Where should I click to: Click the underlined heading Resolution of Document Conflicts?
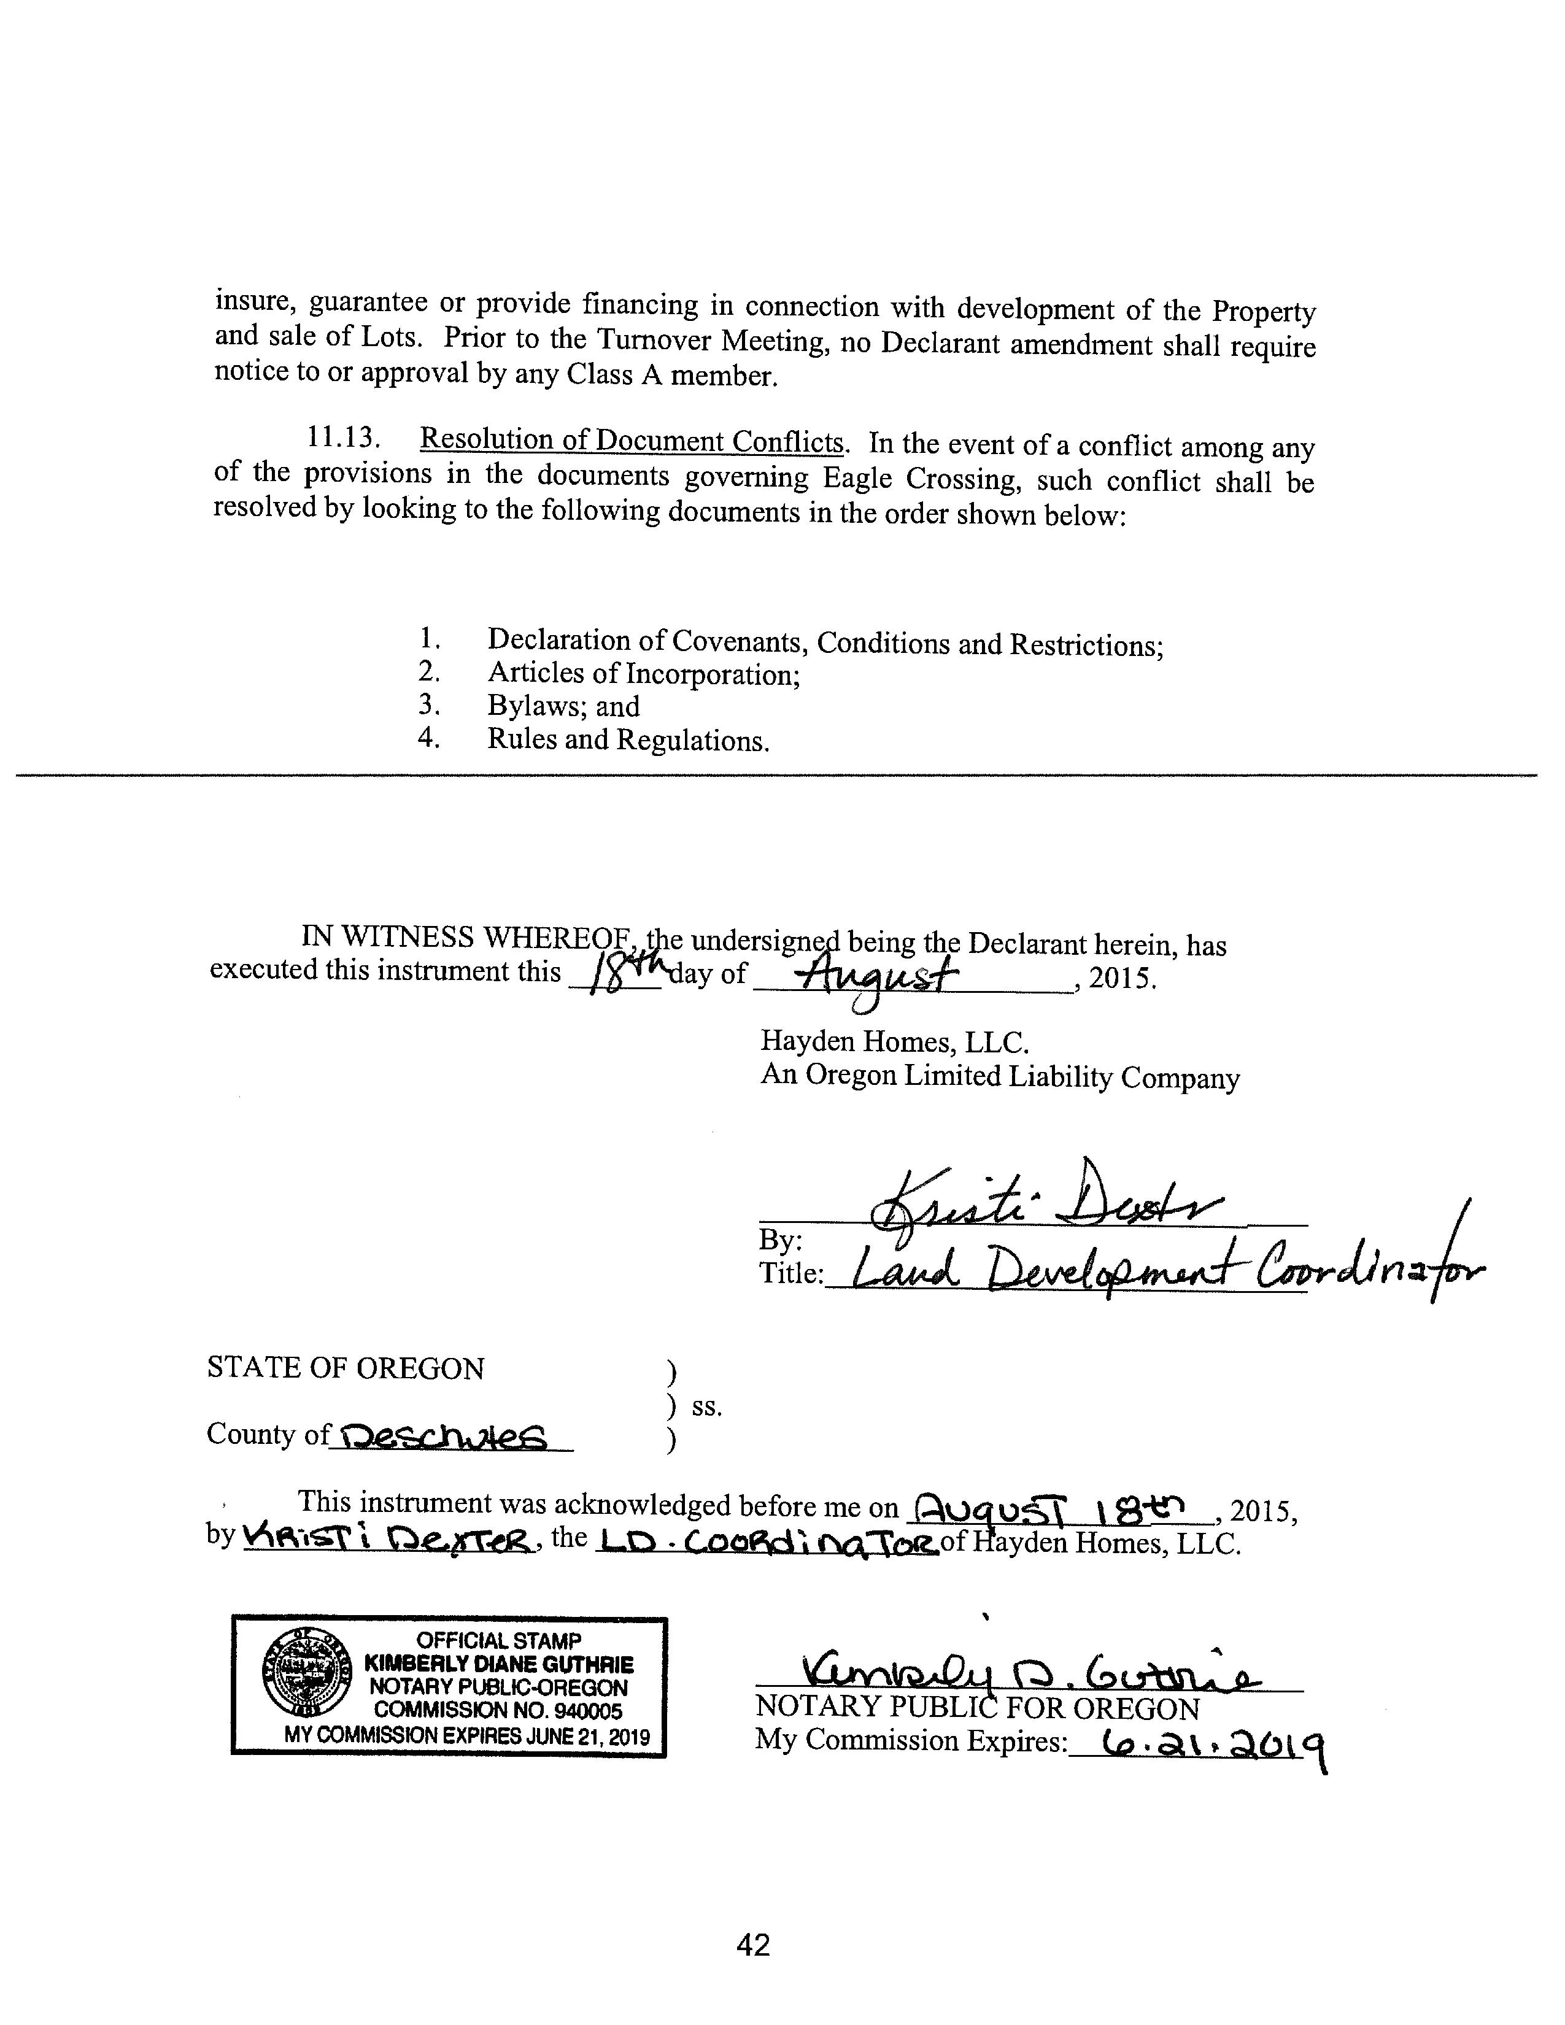[632, 441]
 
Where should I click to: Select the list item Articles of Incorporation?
[643, 674]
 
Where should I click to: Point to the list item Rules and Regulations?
[628, 740]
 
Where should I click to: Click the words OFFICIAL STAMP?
[499, 1640]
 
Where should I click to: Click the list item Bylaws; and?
[563, 706]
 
